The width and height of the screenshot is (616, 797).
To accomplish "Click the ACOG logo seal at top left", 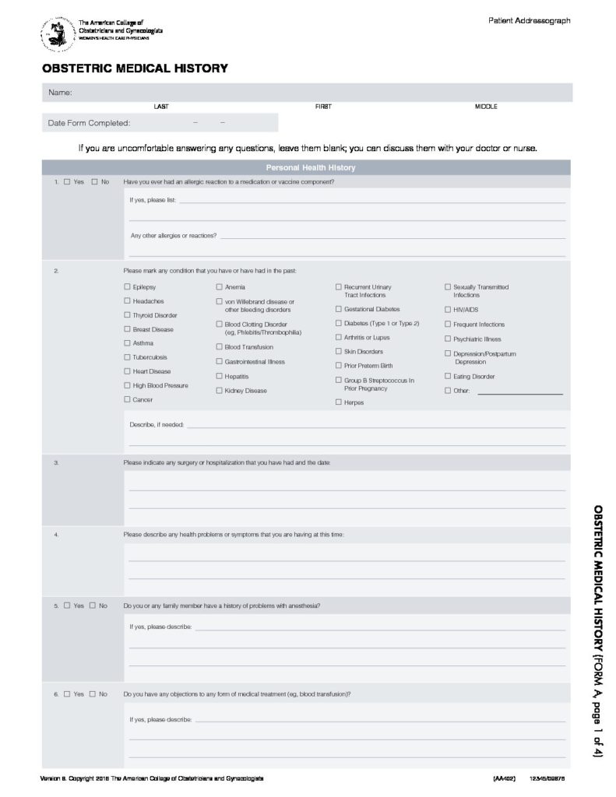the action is coord(58,34).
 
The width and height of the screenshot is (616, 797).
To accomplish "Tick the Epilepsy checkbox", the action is coord(127,287).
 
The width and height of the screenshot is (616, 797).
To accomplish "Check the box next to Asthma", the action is coord(127,343).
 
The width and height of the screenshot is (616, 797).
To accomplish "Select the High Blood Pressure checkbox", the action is coord(127,385).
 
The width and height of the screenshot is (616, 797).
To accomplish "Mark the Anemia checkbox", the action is coord(219,287).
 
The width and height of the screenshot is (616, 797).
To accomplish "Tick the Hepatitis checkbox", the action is coord(219,376).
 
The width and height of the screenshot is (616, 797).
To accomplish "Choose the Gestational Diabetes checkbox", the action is coord(338,309).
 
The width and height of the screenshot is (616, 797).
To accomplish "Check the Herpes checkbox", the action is coord(338,402).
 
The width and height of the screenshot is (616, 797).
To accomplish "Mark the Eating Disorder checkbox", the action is coord(447,377).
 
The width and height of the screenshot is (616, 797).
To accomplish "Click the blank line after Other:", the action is coord(519,394).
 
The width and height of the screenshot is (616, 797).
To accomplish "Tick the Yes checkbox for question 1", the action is coord(67,182).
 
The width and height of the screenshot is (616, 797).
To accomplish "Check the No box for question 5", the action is coord(93,605).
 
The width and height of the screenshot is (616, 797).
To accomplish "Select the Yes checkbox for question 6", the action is coord(67,693).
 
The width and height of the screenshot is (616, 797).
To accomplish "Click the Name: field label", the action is coord(61,93).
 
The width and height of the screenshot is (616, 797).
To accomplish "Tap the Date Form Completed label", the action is coord(89,123).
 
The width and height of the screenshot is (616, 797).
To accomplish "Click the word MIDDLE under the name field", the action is coord(486,106).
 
